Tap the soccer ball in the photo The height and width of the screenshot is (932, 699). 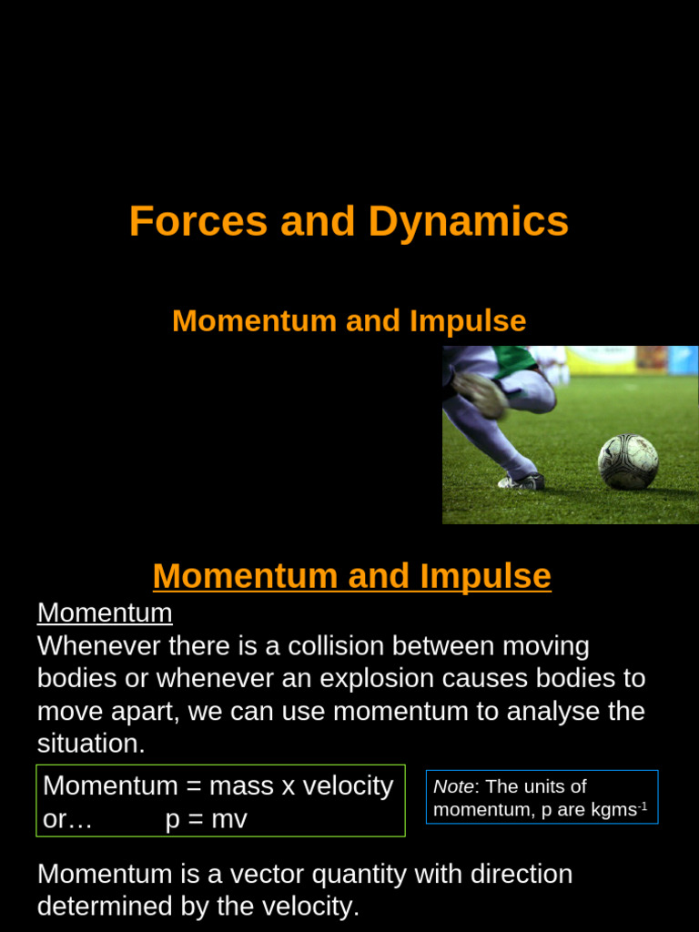(628, 461)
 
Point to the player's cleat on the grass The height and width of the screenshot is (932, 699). (522, 481)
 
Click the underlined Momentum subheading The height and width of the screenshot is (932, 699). (105, 613)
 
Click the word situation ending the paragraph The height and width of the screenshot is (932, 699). (90, 744)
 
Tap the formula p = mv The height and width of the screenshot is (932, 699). (207, 819)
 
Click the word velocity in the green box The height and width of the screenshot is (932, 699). (347, 785)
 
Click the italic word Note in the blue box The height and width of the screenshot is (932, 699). (453, 786)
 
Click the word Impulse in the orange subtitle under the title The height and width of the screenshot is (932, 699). (468, 321)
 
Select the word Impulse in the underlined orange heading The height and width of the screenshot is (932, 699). (485, 576)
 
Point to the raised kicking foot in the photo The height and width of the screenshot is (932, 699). (481, 393)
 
